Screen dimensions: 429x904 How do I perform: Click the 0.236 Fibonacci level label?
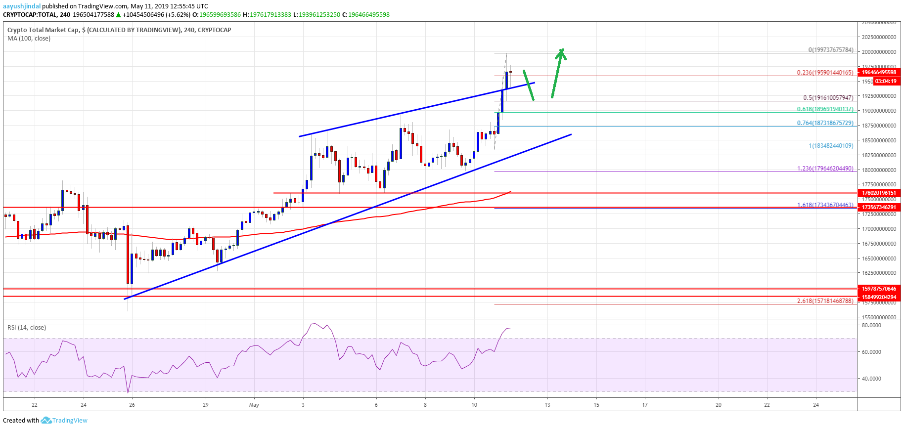(x=824, y=73)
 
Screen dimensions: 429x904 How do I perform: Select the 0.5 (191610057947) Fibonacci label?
(x=828, y=98)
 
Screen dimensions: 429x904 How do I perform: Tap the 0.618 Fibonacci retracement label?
(x=824, y=109)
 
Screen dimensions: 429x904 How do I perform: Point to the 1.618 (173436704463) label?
(x=824, y=205)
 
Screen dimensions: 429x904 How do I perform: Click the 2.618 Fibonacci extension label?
(x=824, y=300)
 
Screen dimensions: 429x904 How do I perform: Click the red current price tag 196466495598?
(x=879, y=72)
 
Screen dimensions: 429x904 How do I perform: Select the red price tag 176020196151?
(x=879, y=193)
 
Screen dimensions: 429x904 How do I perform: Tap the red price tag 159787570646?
(x=879, y=289)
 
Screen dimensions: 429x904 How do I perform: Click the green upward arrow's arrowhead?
(x=561, y=51)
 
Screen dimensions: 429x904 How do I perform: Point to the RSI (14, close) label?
(x=26, y=328)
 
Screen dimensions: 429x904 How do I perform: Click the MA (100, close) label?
(x=29, y=39)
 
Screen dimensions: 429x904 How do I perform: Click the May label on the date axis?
(x=254, y=405)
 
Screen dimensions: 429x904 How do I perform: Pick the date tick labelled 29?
(x=205, y=405)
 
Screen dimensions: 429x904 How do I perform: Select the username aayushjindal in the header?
(x=22, y=6)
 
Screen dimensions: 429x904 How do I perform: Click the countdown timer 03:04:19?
(x=885, y=81)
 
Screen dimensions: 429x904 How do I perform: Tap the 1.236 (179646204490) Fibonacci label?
(x=824, y=169)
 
